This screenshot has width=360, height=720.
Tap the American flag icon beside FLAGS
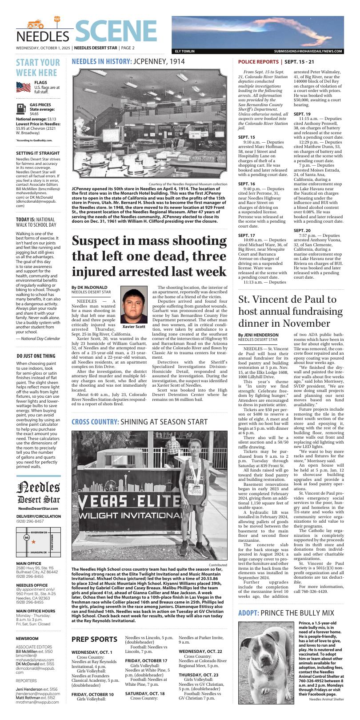coord(24,86)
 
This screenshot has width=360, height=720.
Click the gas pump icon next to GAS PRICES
coord(20,108)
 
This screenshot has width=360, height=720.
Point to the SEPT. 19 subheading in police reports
coord(302,114)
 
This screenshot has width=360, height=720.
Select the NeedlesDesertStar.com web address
coord(38,508)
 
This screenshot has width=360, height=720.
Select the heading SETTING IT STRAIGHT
coord(38,153)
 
